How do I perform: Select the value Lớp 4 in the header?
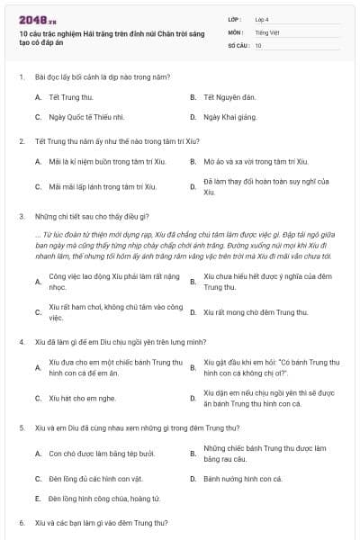click(263, 19)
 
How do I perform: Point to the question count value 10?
click(258, 44)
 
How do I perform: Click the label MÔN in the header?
click(236, 31)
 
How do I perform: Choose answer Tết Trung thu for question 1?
click(71, 96)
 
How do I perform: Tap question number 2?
click(21, 141)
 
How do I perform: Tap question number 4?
click(21, 342)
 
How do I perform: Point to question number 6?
click(21, 522)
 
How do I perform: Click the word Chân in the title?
click(170, 31)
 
